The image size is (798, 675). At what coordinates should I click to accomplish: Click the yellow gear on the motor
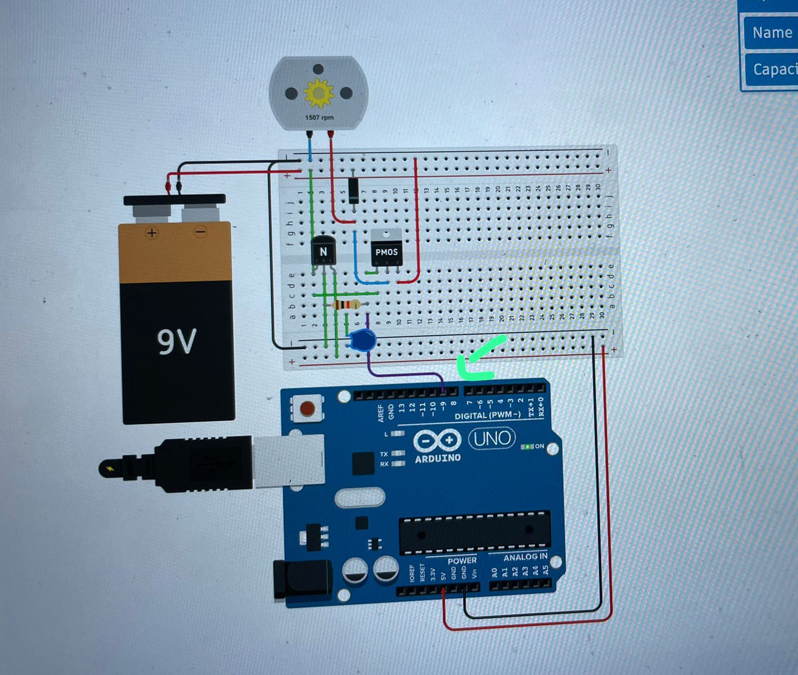pos(318,94)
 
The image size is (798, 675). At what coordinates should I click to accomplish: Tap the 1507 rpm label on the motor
pos(319,118)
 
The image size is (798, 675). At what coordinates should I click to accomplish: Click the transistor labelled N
pos(323,251)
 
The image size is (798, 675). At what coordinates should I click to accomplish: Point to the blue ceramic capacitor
pos(362,341)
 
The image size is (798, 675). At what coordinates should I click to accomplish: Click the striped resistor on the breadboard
pos(346,305)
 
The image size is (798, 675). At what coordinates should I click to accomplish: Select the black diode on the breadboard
pos(353,190)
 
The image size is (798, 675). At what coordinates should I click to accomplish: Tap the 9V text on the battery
pos(177,342)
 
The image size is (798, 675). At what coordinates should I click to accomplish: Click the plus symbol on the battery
pos(151,233)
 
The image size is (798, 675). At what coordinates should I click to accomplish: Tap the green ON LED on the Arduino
pos(528,446)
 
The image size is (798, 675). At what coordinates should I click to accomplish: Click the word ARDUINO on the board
pos(438,458)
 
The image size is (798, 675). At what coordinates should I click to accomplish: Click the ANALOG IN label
pos(525,557)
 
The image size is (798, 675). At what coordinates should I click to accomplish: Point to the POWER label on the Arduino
pos(462,561)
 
